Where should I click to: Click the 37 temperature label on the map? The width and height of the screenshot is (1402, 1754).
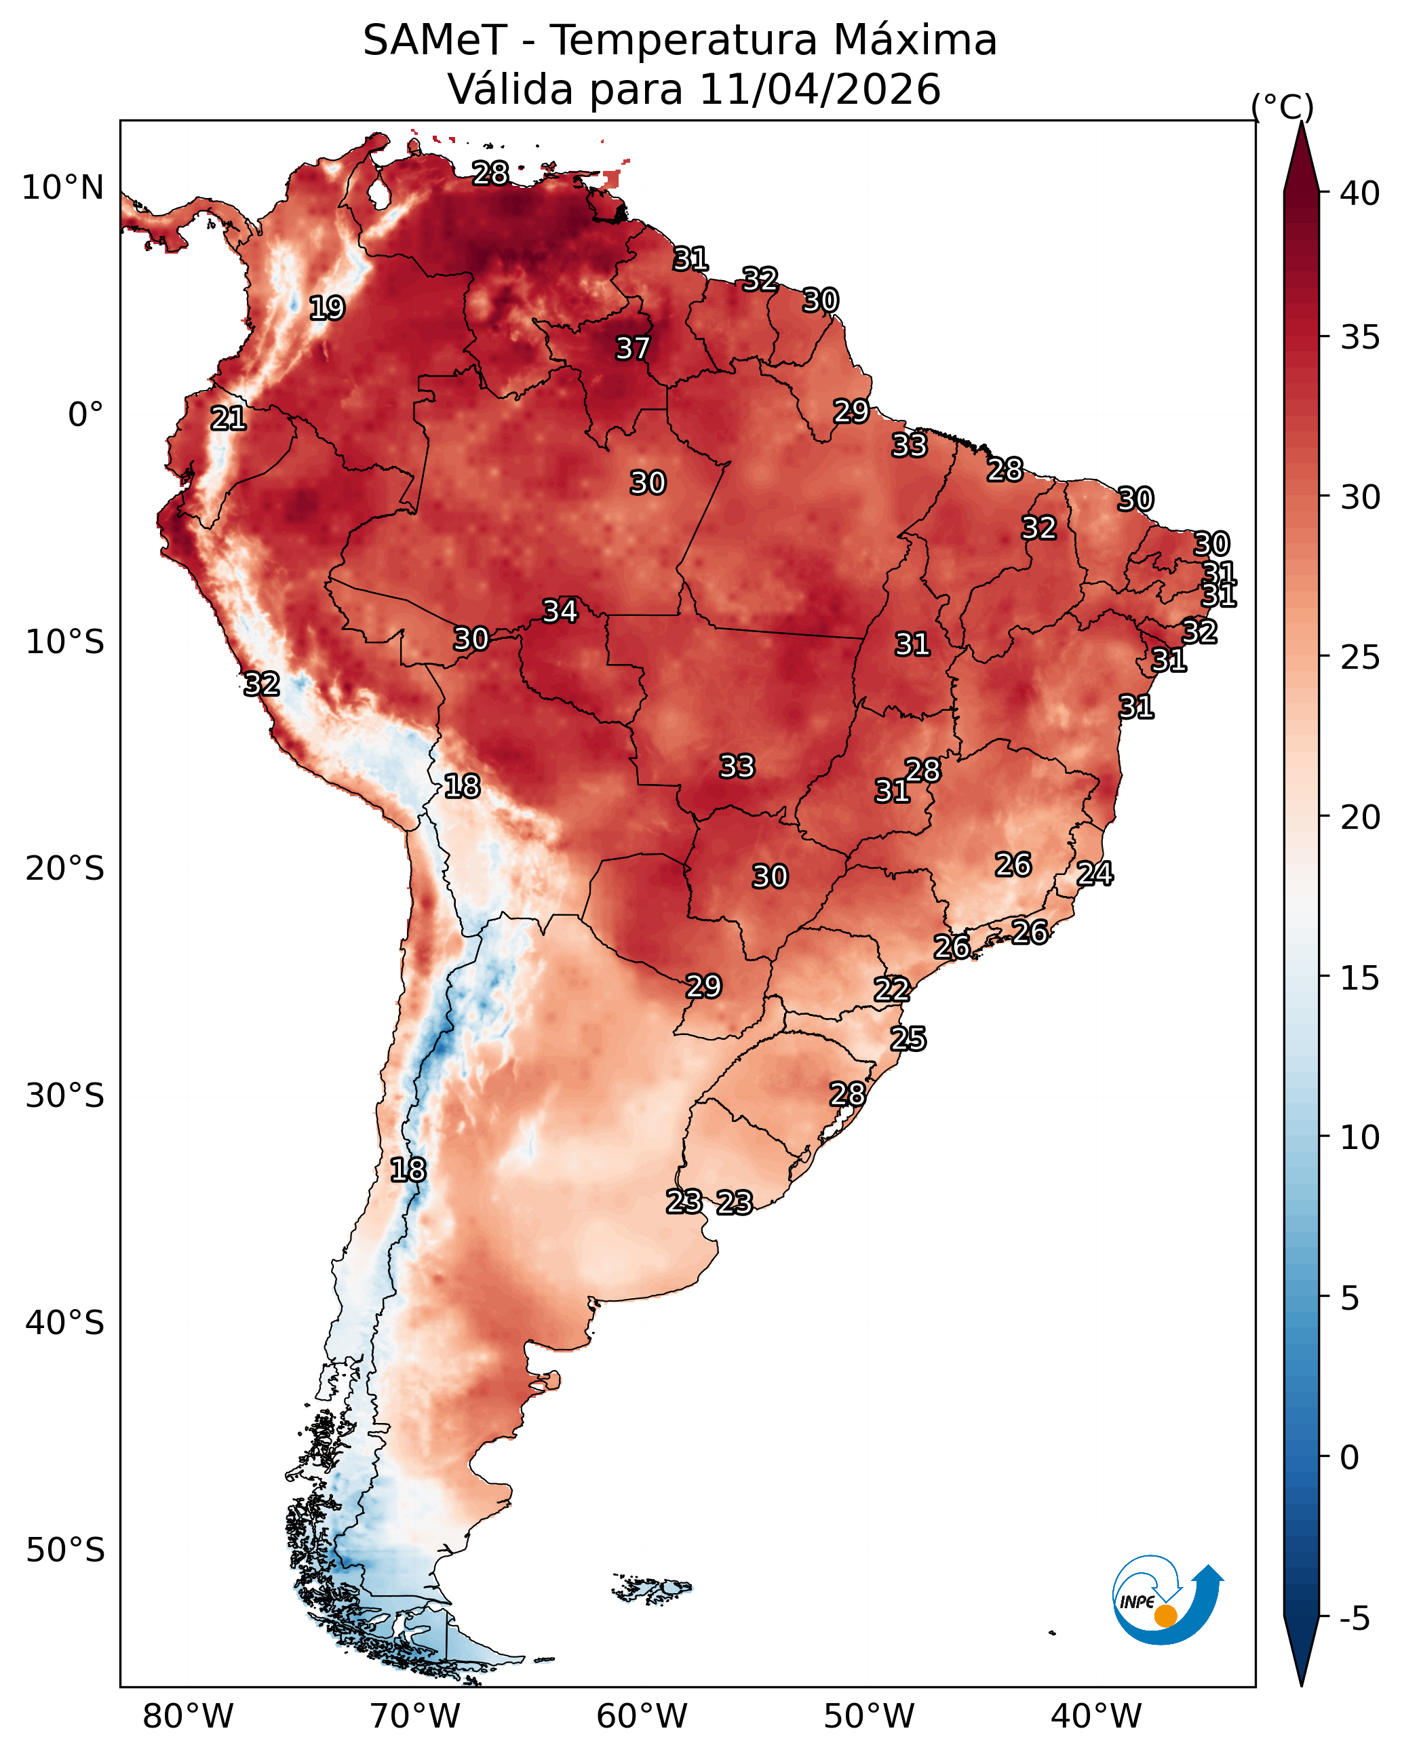click(x=632, y=348)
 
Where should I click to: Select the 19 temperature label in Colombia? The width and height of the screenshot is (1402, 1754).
click(x=327, y=309)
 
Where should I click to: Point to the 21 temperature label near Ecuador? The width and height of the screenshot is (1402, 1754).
click(x=229, y=419)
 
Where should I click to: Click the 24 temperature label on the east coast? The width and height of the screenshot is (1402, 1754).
click(x=1095, y=874)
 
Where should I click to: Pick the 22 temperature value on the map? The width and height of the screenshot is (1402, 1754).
click(x=892, y=990)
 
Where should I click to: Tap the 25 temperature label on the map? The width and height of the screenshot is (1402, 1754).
click(x=908, y=1039)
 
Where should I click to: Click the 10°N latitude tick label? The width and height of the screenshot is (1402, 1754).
click(x=62, y=188)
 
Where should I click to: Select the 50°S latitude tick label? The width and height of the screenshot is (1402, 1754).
click(x=65, y=1551)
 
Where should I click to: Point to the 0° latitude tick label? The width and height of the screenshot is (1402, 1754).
click(x=86, y=415)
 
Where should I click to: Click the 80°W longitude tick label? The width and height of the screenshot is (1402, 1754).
click(x=188, y=1717)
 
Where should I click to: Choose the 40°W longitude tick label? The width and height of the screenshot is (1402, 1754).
click(x=1096, y=1717)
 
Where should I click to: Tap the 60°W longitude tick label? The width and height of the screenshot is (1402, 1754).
click(x=642, y=1717)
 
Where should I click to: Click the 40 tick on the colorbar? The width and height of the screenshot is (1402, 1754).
click(x=1360, y=193)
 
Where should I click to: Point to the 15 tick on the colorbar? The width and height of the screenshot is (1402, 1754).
click(x=1360, y=978)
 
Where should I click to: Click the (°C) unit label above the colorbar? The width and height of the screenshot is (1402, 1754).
click(x=1283, y=106)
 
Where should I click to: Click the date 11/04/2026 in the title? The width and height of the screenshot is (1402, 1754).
click(x=820, y=89)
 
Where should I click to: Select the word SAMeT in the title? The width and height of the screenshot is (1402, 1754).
click(x=435, y=40)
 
